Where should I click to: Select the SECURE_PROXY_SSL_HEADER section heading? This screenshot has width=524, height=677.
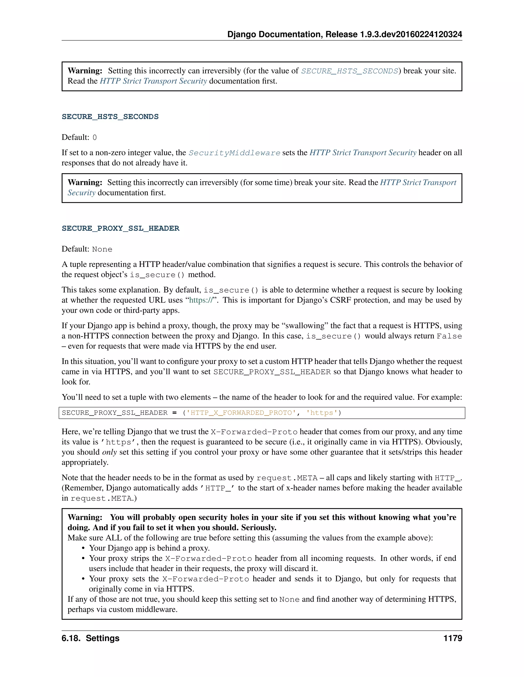click(121, 228)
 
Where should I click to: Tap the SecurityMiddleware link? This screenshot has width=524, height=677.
click(234, 153)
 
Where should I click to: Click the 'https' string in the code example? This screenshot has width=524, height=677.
click(322, 413)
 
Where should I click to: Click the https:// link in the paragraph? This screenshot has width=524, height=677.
click(201, 300)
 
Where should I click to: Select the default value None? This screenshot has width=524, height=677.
click(102, 249)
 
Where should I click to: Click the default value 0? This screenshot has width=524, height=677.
click(95, 138)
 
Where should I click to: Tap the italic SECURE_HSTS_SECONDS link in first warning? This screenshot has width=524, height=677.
click(350, 71)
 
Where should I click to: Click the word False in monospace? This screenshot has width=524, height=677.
click(449, 336)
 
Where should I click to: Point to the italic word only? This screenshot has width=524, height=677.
click(109, 452)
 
